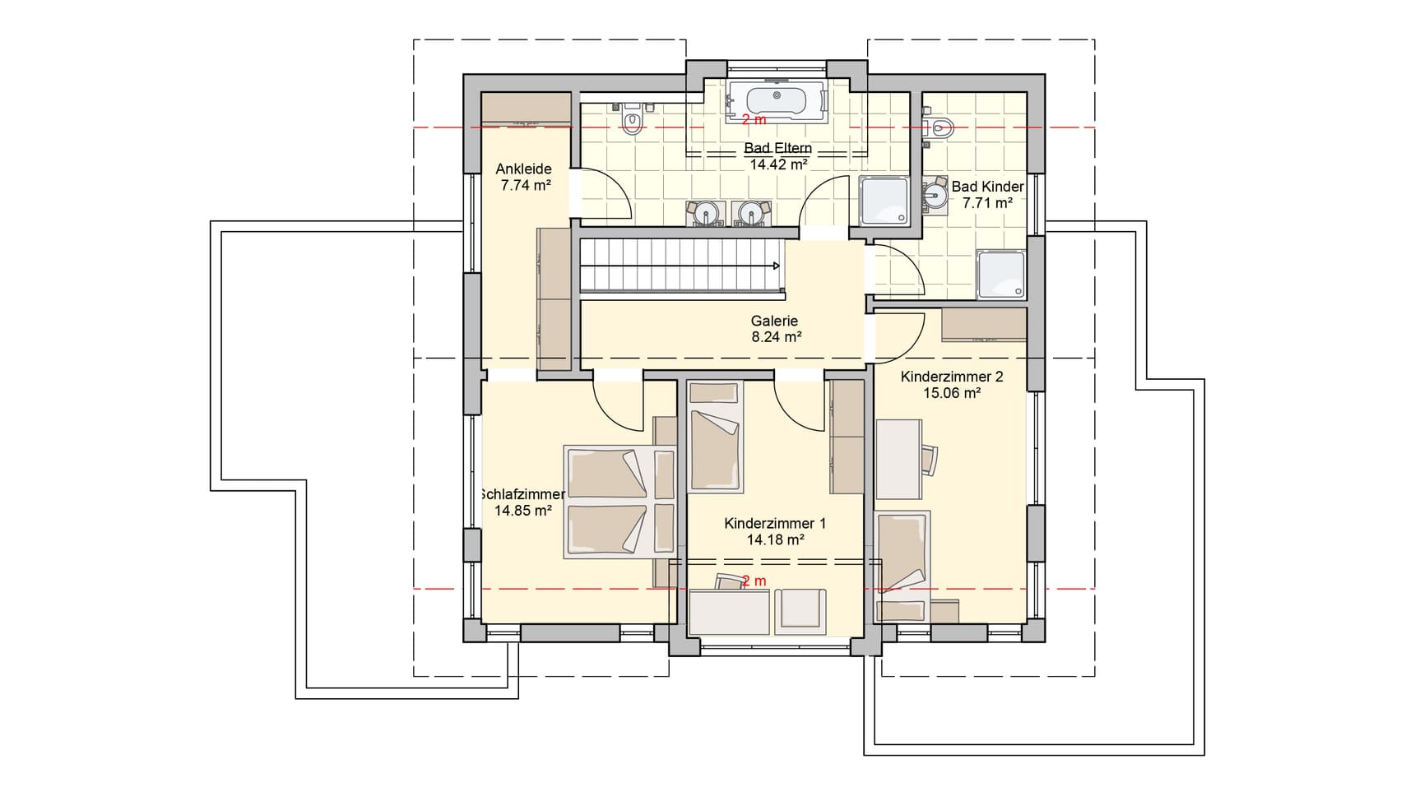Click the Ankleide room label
(x=523, y=169)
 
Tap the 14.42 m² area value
(x=778, y=164)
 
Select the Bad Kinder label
(x=987, y=187)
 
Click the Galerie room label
(x=774, y=322)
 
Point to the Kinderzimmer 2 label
(x=952, y=377)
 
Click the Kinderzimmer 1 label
(x=775, y=524)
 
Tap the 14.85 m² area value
(x=522, y=511)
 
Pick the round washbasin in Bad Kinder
(x=934, y=194)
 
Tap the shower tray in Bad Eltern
(x=884, y=201)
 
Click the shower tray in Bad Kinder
(x=1001, y=275)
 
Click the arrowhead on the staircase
(x=776, y=266)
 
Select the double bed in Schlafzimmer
(x=619, y=502)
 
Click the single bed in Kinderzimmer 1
(x=715, y=437)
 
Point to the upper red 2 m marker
(x=754, y=120)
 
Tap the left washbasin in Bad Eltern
(x=705, y=212)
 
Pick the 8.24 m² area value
(x=776, y=337)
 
